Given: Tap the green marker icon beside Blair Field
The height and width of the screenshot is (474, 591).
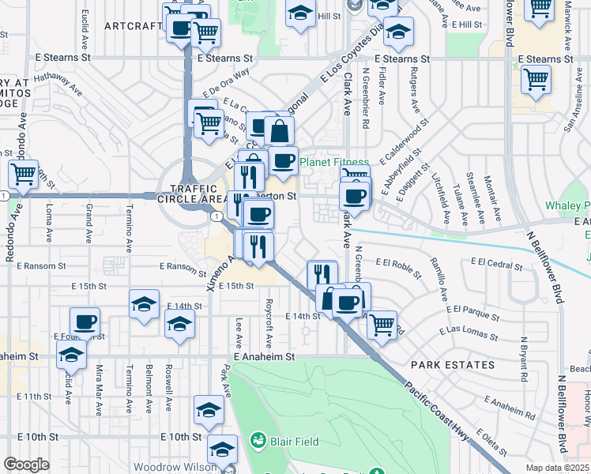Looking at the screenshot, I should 258,439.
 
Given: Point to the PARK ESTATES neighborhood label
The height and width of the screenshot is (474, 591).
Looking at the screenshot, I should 452,366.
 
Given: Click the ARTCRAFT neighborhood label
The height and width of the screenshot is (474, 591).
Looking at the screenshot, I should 132,26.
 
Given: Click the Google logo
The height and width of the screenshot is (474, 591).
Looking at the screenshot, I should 26,464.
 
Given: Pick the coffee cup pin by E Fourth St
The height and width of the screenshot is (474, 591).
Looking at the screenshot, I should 85,322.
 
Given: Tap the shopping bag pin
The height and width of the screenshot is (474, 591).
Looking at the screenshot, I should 279,130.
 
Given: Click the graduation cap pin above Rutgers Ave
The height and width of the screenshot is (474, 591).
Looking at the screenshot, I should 400,32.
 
